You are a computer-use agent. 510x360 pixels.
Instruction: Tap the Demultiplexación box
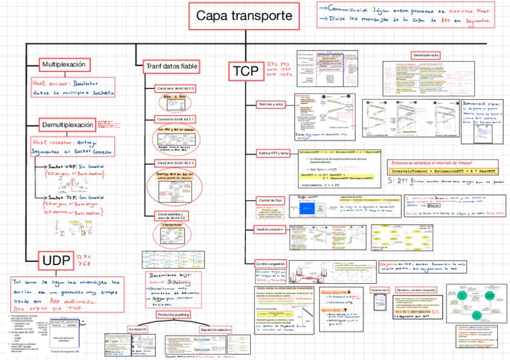68,124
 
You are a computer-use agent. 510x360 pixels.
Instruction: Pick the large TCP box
246,72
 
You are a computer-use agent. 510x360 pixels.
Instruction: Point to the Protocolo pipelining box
174,314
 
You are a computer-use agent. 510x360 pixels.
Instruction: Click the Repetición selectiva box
216,329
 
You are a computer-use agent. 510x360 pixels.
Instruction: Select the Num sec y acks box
271,104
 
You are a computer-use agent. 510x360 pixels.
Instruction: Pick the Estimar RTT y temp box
273,153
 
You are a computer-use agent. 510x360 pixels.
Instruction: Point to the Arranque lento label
380,290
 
